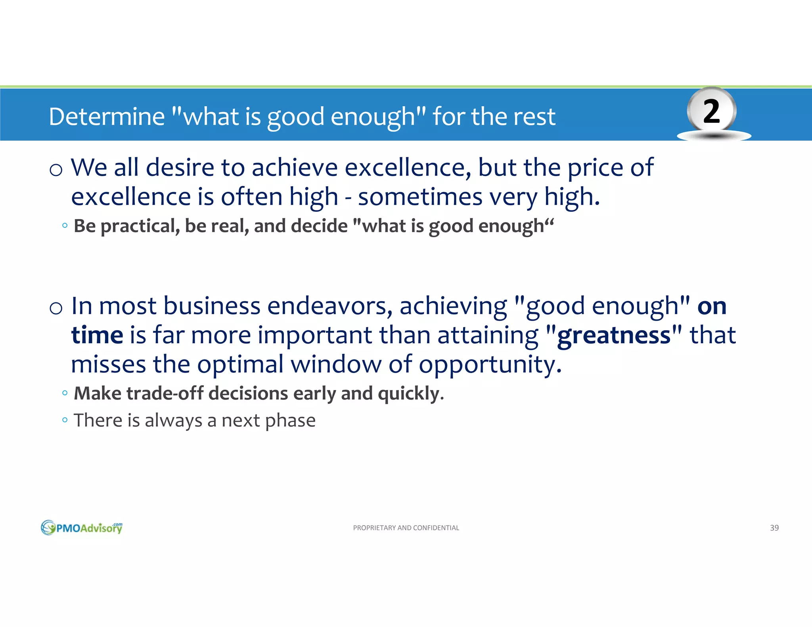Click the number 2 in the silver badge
click(711, 112)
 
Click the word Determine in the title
click(107, 117)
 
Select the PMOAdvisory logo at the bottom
click(82, 528)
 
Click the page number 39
click(774, 528)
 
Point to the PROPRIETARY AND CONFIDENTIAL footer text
click(406, 528)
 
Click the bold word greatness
click(614, 335)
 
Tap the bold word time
click(97, 335)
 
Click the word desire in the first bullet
click(180, 168)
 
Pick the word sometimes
click(420, 197)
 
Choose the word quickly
click(408, 394)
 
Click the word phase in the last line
click(290, 421)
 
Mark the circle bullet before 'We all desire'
click(56, 170)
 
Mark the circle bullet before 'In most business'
click(56, 308)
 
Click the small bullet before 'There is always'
click(65, 419)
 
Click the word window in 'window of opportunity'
click(336, 364)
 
